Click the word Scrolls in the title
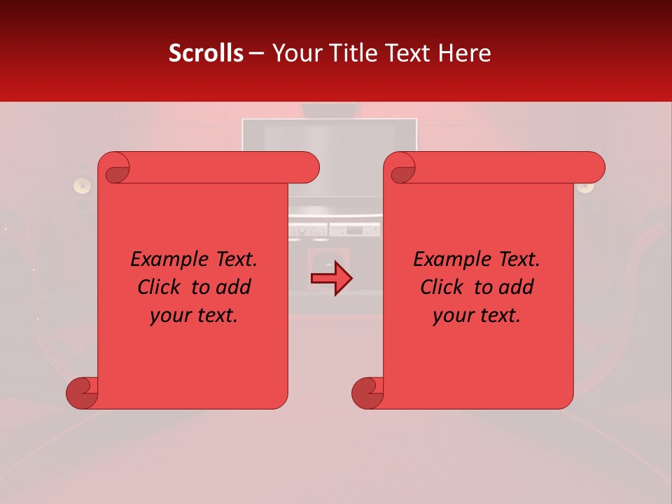coord(206,52)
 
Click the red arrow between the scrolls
coord(331,279)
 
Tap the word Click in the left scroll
coord(162,287)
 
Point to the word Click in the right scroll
coord(444,287)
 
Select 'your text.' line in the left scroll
coord(194,315)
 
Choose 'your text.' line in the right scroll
coord(477,315)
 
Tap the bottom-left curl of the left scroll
coord(81,393)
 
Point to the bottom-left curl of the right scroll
coord(367,393)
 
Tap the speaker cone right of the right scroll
coord(585,187)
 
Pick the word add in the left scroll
coord(234,287)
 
